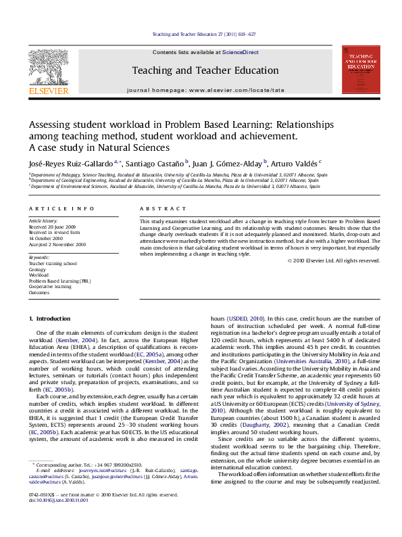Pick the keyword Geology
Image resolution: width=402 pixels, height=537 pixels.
[37, 269]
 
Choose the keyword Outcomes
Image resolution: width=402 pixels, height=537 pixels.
[39, 293]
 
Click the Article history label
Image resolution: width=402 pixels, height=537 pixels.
[41, 221]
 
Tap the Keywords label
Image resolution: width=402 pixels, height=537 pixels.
[39, 258]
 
